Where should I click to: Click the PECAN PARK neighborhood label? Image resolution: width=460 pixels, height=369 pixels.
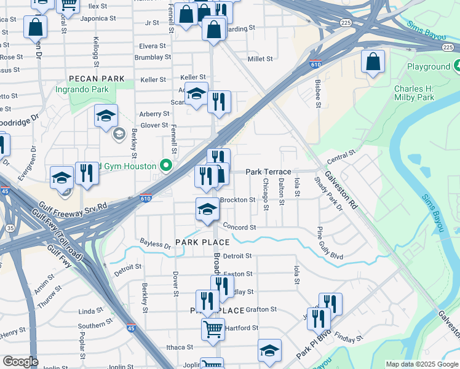click(97, 79)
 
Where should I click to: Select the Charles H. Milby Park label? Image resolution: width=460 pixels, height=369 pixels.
click(414, 92)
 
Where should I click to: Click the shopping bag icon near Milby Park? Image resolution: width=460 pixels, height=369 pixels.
click(373, 62)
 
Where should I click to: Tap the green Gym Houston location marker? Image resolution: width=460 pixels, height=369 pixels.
click(165, 165)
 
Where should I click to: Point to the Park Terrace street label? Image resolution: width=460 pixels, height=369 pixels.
click(268, 172)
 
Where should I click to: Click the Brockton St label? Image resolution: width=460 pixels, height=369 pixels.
click(237, 200)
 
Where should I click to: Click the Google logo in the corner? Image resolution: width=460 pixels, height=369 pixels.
click(20, 361)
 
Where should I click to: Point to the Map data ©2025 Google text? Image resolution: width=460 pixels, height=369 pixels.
click(421, 364)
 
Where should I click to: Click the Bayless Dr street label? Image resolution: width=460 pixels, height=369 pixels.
click(155, 244)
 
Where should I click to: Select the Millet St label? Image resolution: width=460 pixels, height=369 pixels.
click(260, 59)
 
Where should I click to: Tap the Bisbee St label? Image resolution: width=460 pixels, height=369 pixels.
click(318, 94)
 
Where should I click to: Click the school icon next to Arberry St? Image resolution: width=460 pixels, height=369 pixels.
click(106, 116)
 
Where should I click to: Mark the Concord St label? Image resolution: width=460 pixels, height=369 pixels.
click(239, 227)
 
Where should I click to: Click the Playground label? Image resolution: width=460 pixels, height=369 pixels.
click(429, 66)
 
